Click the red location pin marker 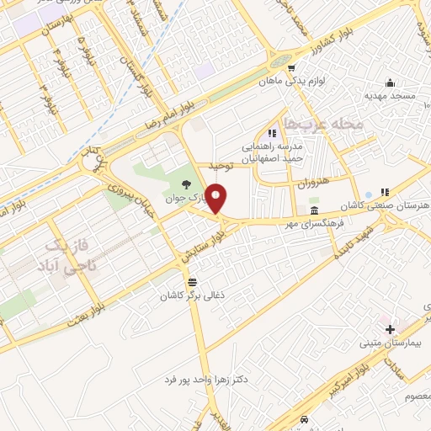coord(216,200)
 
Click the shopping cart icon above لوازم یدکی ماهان coord(290,69)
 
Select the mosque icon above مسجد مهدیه coord(390,82)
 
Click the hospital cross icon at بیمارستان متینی coord(390,329)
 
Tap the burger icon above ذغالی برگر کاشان coord(193,281)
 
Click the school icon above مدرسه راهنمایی coord(271,132)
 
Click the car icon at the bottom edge coord(305,420)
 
